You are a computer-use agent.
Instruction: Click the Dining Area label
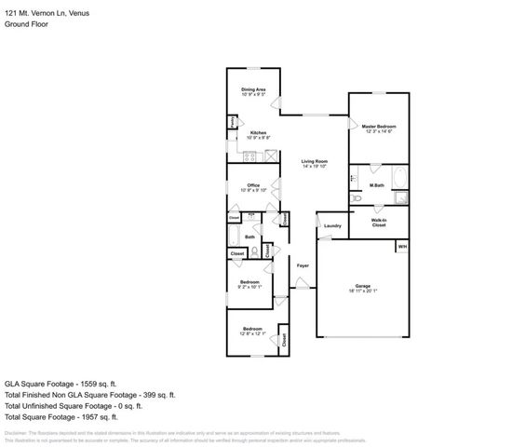tap(254, 89)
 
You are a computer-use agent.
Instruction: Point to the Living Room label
tap(315, 162)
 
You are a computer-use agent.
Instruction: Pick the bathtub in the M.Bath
tap(398, 177)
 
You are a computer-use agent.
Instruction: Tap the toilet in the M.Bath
tap(357, 199)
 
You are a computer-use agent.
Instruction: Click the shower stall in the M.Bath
tap(400, 197)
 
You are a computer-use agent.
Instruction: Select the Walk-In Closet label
tap(379, 223)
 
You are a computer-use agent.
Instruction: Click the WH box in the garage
tap(402, 246)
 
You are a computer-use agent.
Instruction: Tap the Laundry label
tap(331, 226)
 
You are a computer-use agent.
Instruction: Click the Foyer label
tap(303, 266)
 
